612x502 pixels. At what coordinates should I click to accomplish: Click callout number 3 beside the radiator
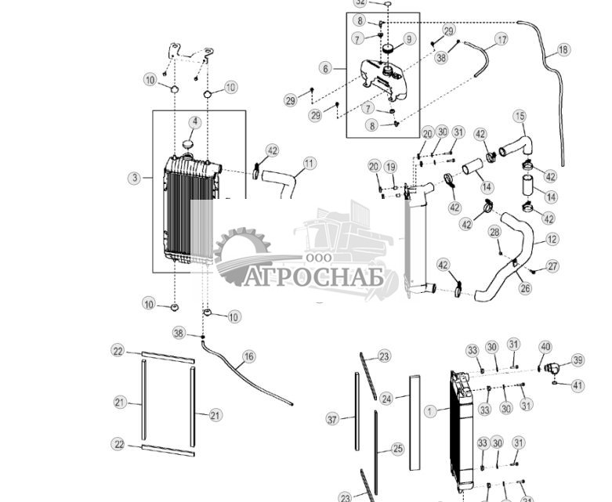point(135,178)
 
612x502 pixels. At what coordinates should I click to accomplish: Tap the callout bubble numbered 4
point(195,122)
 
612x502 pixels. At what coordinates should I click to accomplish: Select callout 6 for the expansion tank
point(325,68)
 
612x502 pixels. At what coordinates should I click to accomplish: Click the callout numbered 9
point(409,39)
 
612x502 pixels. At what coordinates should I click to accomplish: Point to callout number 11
point(309,164)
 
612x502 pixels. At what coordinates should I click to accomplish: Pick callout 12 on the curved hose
point(552,239)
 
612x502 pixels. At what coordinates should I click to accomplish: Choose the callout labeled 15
point(520,116)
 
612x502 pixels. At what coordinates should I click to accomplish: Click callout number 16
point(248,356)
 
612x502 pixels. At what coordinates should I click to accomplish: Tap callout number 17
point(502,39)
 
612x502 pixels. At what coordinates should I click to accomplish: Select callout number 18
point(563,49)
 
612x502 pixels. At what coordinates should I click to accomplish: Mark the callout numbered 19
point(390,167)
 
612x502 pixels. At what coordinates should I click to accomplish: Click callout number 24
point(386,399)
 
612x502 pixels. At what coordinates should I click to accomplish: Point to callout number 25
point(397,449)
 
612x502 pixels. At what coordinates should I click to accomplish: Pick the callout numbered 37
point(332,419)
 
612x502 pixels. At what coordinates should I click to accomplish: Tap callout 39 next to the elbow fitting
point(578,360)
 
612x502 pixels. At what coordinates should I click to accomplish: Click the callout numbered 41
point(578,386)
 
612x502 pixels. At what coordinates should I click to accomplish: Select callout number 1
point(430,411)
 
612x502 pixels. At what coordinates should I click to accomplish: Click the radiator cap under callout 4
point(188,145)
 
